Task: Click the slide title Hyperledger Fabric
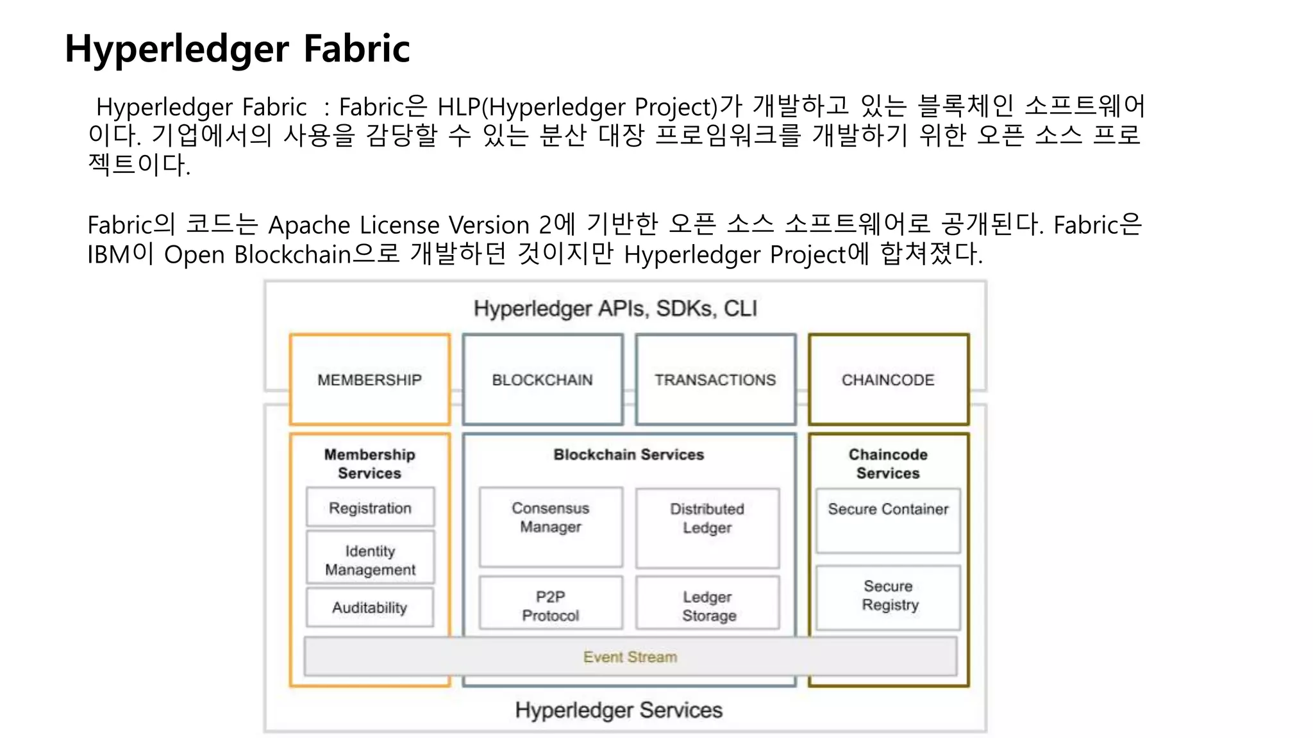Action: [237, 49]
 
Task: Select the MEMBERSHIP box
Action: [369, 379]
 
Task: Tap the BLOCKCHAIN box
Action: [542, 379]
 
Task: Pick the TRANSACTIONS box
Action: [715, 379]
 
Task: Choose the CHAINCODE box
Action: [888, 379]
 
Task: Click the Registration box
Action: [370, 507]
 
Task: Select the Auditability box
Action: [369, 607]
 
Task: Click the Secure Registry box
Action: [889, 596]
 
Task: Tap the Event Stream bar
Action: [630, 657]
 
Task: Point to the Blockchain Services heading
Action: [628, 454]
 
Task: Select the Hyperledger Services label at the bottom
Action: [619, 710]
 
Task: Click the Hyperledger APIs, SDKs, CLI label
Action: [615, 308]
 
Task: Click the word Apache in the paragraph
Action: [310, 225]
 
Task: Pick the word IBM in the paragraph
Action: [108, 254]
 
